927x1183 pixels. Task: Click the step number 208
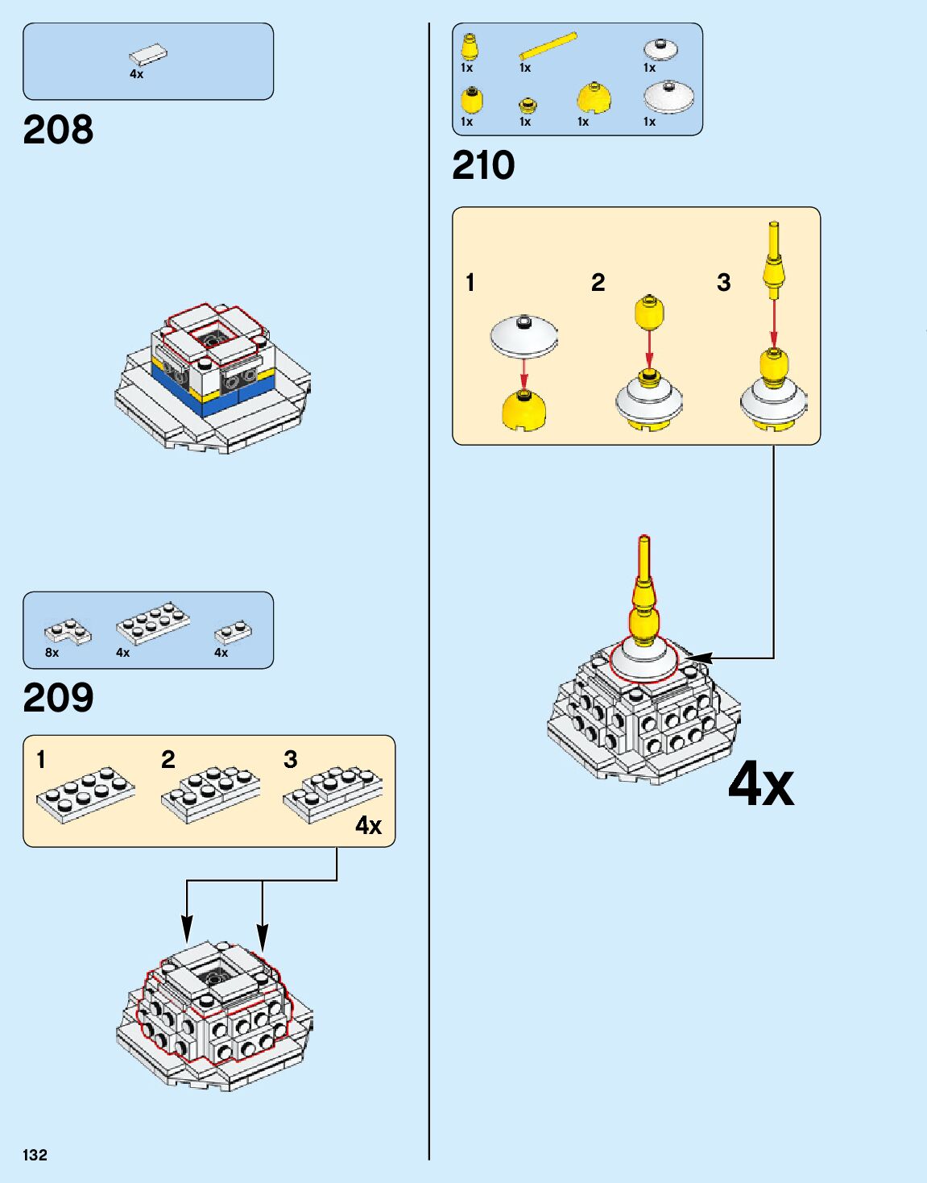(x=58, y=130)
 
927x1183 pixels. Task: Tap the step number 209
(x=58, y=698)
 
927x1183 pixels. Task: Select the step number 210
(x=483, y=166)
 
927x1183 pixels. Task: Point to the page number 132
(x=35, y=1155)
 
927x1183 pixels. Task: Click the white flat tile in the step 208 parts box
(x=149, y=55)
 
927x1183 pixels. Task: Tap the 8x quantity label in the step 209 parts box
(x=52, y=653)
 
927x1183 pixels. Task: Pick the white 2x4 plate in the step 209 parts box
(x=153, y=623)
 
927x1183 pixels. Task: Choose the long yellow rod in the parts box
(x=548, y=46)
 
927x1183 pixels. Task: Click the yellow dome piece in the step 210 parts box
(x=594, y=98)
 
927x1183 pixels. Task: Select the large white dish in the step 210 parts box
(x=668, y=97)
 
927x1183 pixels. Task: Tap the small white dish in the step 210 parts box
(x=660, y=48)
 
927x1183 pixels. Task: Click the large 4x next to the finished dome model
(x=761, y=783)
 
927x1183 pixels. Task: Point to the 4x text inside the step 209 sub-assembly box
(x=369, y=825)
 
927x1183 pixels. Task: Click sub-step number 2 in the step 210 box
(x=598, y=282)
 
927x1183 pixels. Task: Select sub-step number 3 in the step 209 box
(x=291, y=759)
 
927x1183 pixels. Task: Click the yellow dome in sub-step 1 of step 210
(x=524, y=410)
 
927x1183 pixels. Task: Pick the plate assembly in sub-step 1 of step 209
(x=85, y=794)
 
